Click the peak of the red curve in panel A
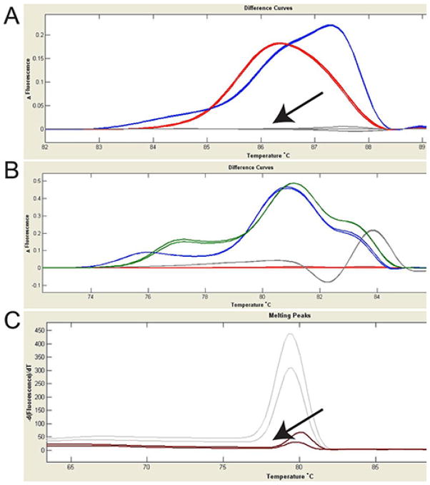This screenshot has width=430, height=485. pos(279,44)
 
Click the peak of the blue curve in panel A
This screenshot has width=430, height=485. pos(331,25)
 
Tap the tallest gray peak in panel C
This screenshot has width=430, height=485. pos(290,334)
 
